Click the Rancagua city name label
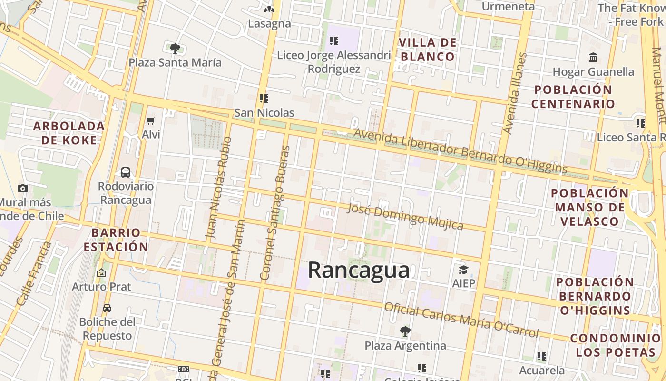(x=359, y=270)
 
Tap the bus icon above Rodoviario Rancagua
(x=126, y=172)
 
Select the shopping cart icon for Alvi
(x=151, y=121)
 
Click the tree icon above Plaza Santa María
(x=175, y=48)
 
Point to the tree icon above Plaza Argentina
(x=405, y=331)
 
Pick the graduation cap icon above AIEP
(x=463, y=270)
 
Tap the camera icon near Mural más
(x=22, y=188)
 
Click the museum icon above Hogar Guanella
(x=593, y=58)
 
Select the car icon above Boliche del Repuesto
(x=107, y=308)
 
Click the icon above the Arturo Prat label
(x=101, y=273)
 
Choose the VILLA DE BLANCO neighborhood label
(x=428, y=50)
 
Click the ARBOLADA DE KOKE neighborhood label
(x=69, y=133)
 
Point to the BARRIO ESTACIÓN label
(x=116, y=240)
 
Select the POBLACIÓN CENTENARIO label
(x=573, y=97)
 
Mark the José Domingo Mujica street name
(x=405, y=216)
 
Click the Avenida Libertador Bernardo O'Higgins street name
(x=460, y=151)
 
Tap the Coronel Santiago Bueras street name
(x=275, y=212)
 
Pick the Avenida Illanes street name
(x=515, y=93)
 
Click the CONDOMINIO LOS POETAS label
(x=615, y=345)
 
